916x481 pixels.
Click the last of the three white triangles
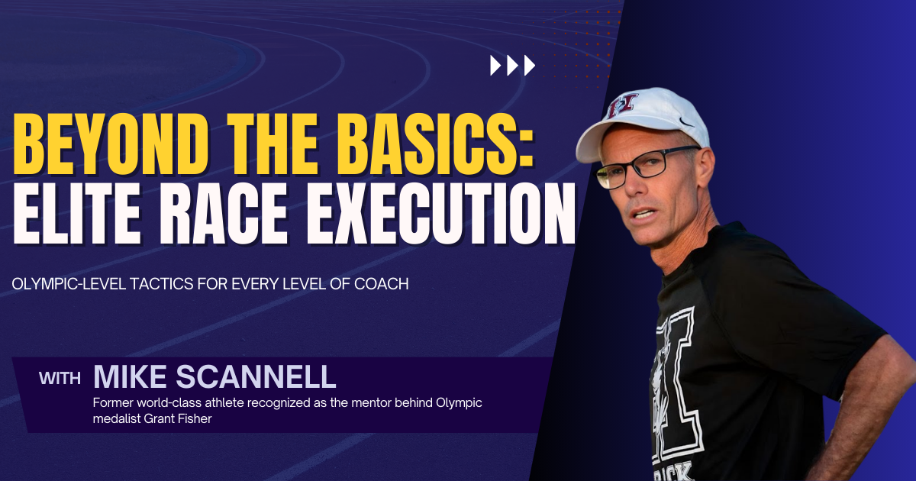pyautogui.click(x=530, y=66)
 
